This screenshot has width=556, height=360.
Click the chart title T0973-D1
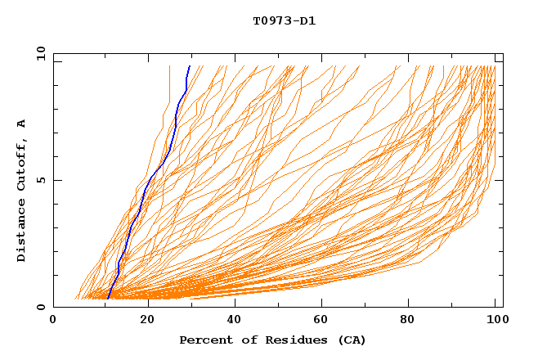(x=284, y=20)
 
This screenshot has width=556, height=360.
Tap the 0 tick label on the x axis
(x=53, y=321)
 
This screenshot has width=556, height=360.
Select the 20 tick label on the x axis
(x=148, y=321)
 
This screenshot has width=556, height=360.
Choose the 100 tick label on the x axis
(x=495, y=321)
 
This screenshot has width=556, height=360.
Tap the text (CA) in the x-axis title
(x=352, y=340)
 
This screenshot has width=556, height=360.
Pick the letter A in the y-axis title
(x=22, y=123)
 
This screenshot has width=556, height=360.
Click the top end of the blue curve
(x=190, y=66)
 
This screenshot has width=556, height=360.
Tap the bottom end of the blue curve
(x=109, y=298)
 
